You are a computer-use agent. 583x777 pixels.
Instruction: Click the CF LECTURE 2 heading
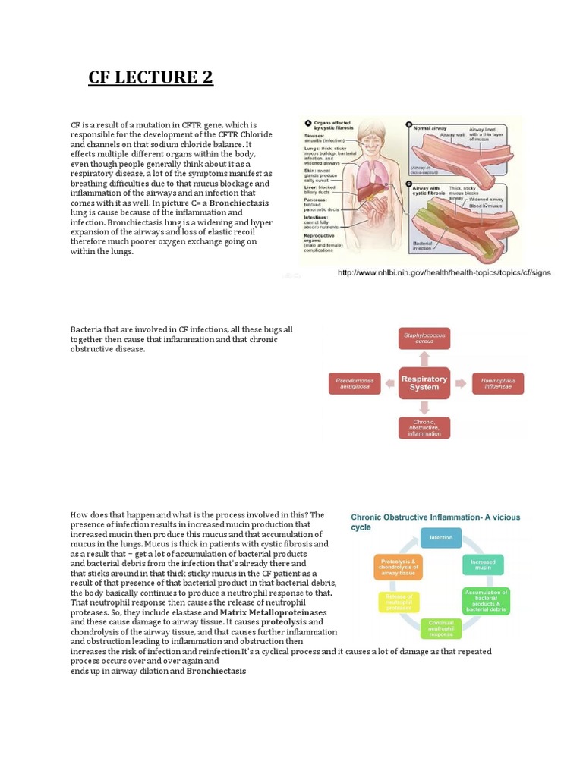click(151, 77)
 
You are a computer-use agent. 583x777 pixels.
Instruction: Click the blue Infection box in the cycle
click(441, 538)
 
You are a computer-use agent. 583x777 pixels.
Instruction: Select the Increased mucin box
click(483, 565)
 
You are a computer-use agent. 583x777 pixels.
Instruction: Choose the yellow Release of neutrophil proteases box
click(399, 602)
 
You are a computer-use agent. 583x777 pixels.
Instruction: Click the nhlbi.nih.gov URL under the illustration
click(443, 272)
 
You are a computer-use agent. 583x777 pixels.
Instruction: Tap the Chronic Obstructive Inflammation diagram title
click(435, 522)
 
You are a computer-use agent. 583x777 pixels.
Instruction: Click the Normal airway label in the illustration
click(432, 130)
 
